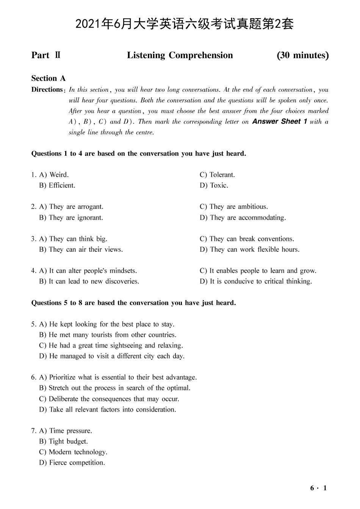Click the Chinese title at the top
pyautogui.click(x=185, y=24)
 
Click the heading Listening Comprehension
pyautogui.click(x=180, y=55)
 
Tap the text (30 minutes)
pyautogui.click(x=302, y=55)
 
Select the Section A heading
pyautogui.click(x=49, y=79)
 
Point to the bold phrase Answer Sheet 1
pyautogui.click(x=280, y=122)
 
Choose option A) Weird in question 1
pyautogui.click(x=54, y=175)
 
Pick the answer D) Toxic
pyautogui.click(x=214, y=185)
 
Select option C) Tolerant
pyautogui.click(x=217, y=175)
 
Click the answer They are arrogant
pyautogui.click(x=76, y=207)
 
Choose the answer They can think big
pyautogui.click(x=78, y=239)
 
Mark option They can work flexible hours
pyautogui.click(x=254, y=250)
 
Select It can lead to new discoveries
pyautogui.click(x=94, y=281)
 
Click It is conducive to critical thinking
pyautogui.click(x=261, y=281)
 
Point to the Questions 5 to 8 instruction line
pyautogui.click(x=133, y=303)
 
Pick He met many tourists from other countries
pyautogui.click(x=113, y=335)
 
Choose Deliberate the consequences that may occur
pyautogui.click(x=114, y=399)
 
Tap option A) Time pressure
pyautogui.click(x=66, y=431)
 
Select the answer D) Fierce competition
pyautogui.click(x=72, y=463)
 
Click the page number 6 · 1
pyautogui.click(x=318, y=488)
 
